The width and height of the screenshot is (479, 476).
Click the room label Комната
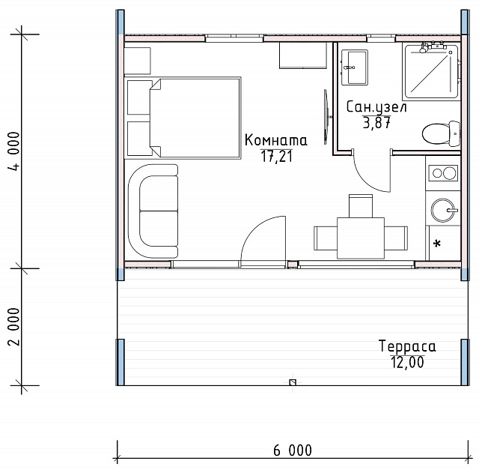(x=276, y=140)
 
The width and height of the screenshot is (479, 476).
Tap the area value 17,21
(x=276, y=157)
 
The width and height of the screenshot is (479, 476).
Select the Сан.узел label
(x=376, y=107)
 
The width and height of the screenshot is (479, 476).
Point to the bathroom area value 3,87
(x=376, y=123)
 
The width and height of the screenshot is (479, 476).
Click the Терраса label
(x=407, y=346)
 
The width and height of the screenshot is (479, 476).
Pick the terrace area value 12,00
(x=407, y=362)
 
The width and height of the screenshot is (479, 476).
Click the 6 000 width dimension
(x=293, y=451)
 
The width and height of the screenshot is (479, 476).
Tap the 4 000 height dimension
(x=14, y=151)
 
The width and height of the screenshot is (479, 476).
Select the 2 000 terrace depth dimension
(x=14, y=327)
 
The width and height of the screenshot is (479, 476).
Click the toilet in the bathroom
(x=441, y=133)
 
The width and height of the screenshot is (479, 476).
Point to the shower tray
(x=431, y=71)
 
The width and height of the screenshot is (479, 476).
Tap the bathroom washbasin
(x=354, y=67)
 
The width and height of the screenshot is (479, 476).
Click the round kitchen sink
(x=442, y=210)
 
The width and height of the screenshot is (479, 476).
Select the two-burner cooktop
(x=443, y=173)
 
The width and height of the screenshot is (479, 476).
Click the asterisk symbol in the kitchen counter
(x=437, y=244)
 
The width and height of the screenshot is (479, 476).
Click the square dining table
(x=361, y=238)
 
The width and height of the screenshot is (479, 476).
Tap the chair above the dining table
(x=361, y=205)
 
